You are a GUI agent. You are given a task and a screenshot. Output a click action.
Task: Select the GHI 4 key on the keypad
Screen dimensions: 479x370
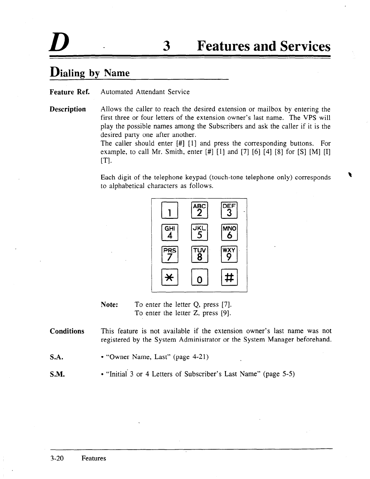click(170, 232)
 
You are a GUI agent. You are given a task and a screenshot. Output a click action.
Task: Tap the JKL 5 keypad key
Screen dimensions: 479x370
click(199, 232)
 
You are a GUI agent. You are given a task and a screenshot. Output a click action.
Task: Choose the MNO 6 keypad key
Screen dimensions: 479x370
click(229, 232)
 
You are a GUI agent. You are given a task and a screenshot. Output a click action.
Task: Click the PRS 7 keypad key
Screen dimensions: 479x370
click(170, 255)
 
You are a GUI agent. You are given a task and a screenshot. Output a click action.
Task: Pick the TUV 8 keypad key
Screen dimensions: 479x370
click(199, 255)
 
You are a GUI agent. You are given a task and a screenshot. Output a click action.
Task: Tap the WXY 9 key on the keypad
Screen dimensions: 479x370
click(229, 255)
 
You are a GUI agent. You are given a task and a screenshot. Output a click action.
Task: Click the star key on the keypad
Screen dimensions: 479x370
click(170, 278)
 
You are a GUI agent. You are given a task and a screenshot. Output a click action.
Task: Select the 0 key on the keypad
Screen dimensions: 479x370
click(199, 278)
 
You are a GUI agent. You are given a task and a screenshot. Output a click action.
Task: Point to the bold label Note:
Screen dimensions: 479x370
click(110, 305)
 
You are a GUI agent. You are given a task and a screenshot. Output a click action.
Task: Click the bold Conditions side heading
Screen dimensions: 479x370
click(67, 331)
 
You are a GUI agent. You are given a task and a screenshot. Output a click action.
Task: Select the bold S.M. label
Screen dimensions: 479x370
click(57, 374)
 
